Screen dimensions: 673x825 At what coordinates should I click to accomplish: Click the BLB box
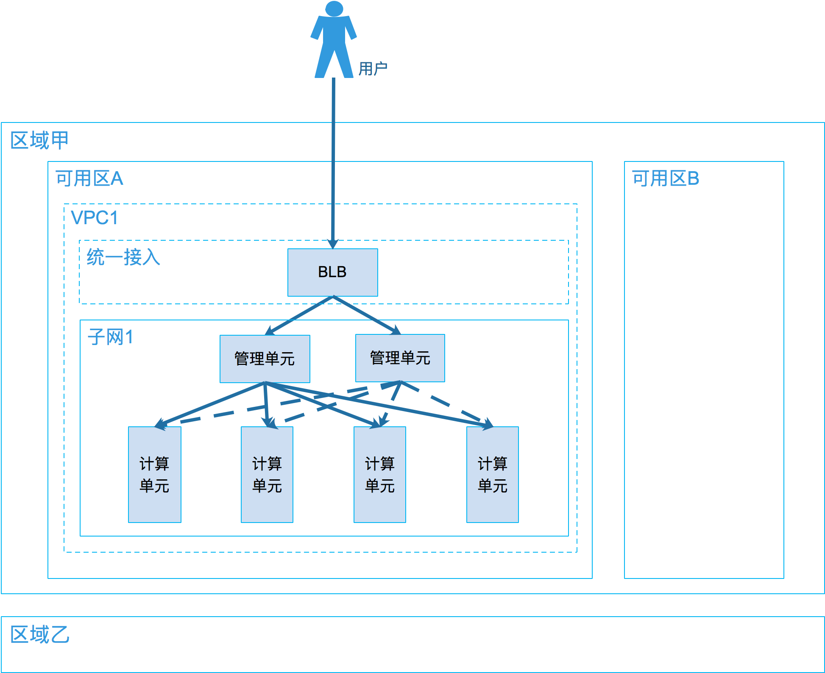coord(332,272)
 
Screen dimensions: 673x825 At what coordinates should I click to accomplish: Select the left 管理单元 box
coord(265,359)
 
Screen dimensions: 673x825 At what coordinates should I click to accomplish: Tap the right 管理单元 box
coord(400,358)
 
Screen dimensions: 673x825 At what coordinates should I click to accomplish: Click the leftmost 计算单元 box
coord(154,474)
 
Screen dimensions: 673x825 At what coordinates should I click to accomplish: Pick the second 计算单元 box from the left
coord(267,474)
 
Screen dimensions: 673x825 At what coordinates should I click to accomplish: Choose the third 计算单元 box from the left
coord(379,474)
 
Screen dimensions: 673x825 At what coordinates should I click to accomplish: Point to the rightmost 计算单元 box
coord(492,474)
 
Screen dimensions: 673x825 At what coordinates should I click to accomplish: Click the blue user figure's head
coord(334,8)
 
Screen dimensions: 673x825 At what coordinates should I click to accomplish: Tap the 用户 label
coord(373,69)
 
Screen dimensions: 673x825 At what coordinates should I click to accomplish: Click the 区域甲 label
coord(39,140)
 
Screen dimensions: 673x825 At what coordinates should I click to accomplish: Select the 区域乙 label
coord(39,634)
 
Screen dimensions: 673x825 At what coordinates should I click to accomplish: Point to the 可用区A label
coord(89,178)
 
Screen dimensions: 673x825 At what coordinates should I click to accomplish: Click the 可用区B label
coord(665,178)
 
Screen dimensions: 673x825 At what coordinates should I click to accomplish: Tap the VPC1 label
coord(94,218)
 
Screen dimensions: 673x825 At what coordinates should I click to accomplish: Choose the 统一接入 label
coord(123,257)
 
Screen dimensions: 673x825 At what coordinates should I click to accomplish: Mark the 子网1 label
coord(110,337)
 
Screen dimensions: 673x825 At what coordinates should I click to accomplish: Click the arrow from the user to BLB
coord(333,161)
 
